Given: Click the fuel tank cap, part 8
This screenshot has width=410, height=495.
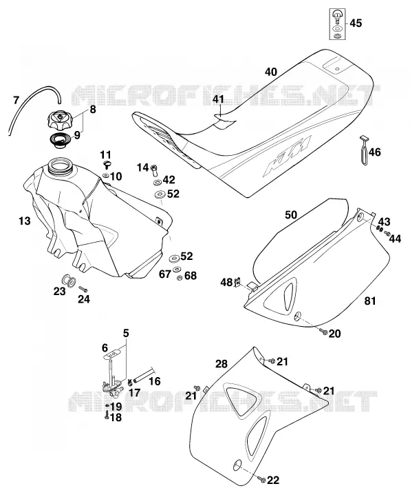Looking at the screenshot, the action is pos(59,120).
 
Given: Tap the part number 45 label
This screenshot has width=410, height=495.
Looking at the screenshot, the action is pos(356,23).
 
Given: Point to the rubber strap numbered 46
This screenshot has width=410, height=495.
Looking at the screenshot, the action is pos(365,150).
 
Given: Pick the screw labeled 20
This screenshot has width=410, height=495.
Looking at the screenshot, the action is pos(323,332).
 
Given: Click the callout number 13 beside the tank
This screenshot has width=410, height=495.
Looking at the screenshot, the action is pos(25,221).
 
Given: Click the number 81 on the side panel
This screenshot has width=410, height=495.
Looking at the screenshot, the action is pos(370,301).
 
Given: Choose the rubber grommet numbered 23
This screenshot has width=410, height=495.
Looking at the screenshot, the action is pos(68,281).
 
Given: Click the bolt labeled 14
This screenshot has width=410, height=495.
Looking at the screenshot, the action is pos(154,170).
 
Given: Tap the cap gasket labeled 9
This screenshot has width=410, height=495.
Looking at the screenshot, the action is pos(59,141).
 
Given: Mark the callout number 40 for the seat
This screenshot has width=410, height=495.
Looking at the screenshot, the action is pos(271,72).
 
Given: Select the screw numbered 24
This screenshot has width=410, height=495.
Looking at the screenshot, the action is pos(83,289).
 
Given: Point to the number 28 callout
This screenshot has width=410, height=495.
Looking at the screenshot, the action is pos(222,364).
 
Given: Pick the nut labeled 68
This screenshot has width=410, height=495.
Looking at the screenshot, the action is pos(179,278).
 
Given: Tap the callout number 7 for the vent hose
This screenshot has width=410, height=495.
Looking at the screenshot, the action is pos(17,101).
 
